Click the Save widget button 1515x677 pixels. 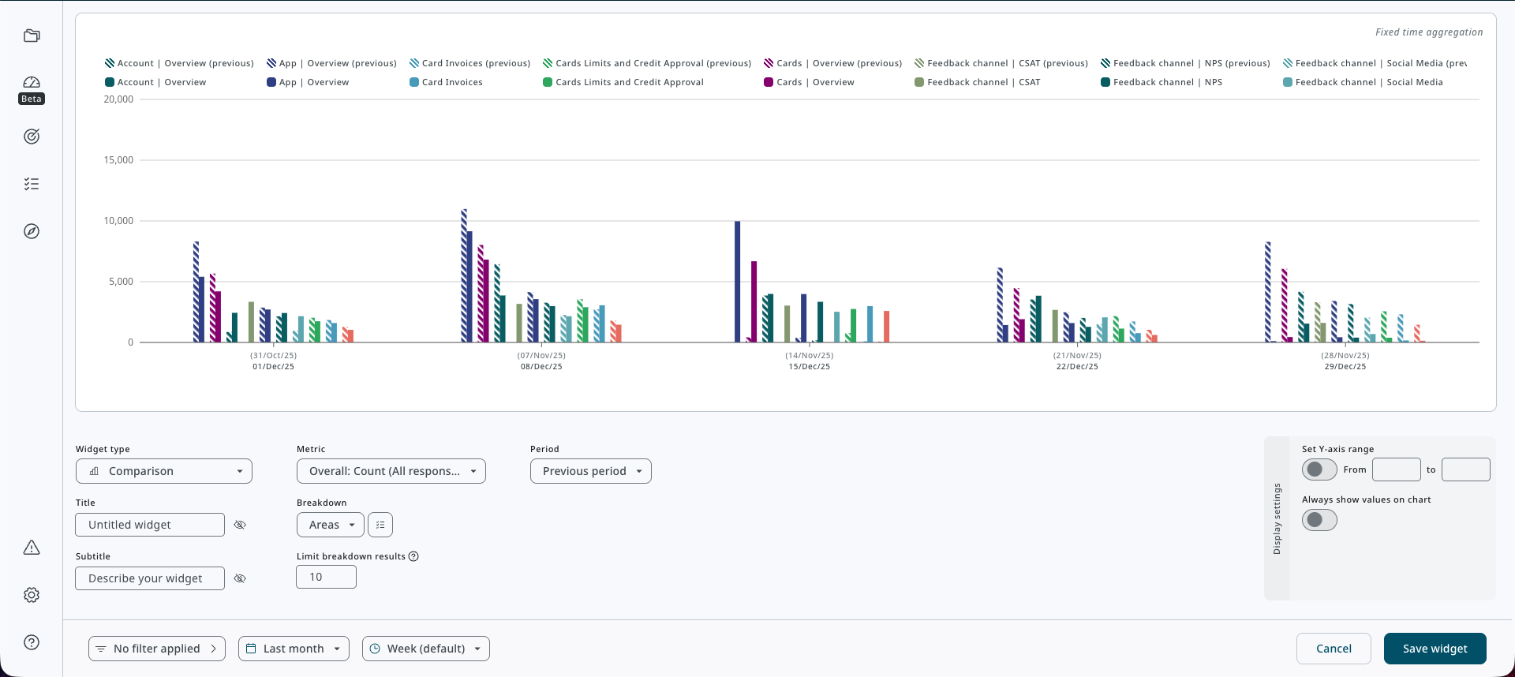click(x=1435, y=649)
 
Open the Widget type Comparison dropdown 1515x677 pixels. click(x=164, y=471)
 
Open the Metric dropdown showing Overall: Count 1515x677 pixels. click(x=391, y=471)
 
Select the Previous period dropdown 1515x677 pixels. click(x=590, y=471)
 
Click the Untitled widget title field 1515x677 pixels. click(x=150, y=525)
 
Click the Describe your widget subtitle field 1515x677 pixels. click(x=150, y=578)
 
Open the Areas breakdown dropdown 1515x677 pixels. click(x=330, y=525)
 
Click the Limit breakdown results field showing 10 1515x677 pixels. click(x=326, y=577)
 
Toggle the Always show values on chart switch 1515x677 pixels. click(x=1319, y=520)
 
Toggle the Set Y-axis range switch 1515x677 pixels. click(x=1319, y=469)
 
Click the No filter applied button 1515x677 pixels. click(x=156, y=649)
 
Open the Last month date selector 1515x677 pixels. click(x=294, y=649)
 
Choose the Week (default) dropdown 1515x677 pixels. click(x=425, y=649)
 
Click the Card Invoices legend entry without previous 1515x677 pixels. click(x=451, y=82)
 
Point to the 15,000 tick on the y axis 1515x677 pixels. click(x=118, y=160)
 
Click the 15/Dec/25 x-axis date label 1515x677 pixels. click(x=809, y=367)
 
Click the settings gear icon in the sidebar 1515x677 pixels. click(x=32, y=595)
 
